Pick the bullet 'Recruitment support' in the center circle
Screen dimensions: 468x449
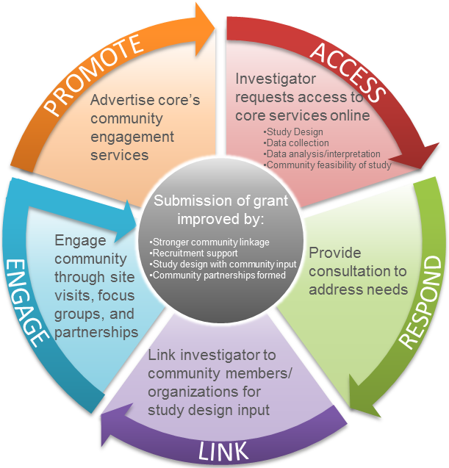click(188, 253)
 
